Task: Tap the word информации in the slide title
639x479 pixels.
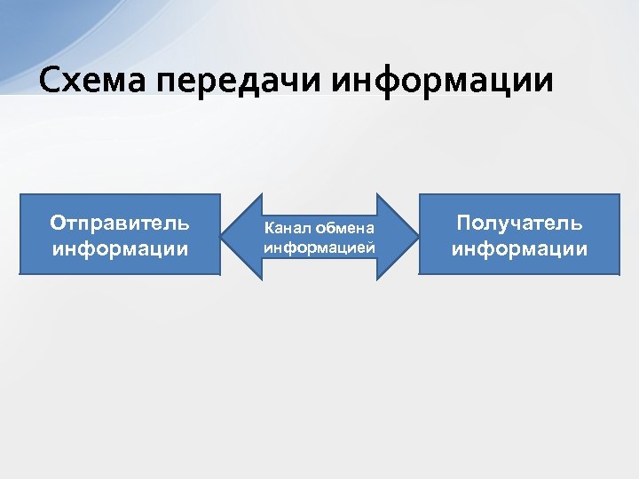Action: (443, 81)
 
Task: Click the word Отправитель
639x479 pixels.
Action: (120, 222)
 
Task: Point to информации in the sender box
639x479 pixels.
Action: (120, 247)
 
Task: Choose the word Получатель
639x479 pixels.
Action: (519, 222)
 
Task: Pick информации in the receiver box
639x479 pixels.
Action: (519, 248)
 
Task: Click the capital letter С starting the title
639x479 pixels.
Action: (49, 81)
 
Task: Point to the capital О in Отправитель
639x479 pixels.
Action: (58, 222)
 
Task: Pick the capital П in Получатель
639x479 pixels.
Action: (463, 222)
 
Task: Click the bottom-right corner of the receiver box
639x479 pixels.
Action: (618, 273)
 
